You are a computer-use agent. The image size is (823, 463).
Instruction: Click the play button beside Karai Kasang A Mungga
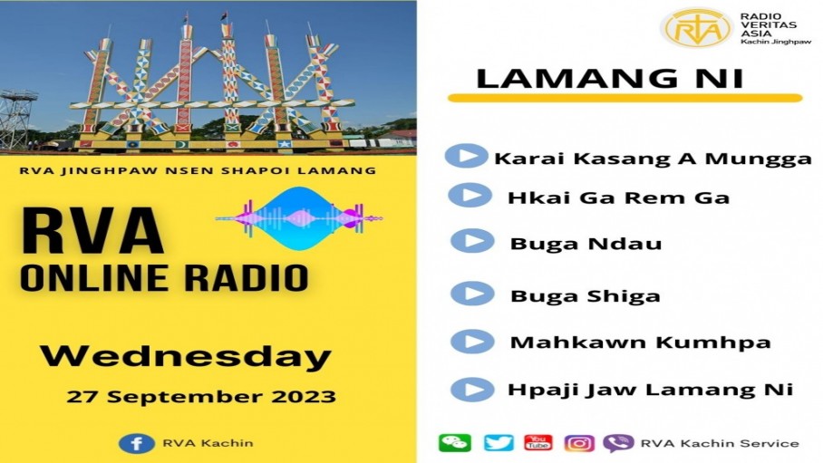pyautogui.click(x=466, y=156)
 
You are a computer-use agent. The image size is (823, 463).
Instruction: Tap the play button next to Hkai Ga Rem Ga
pyautogui.click(x=470, y=196)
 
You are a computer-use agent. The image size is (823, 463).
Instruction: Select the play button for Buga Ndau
pyautogui.click(x=472, y=241)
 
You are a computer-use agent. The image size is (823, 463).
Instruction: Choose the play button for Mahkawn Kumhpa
pyautogui.click(x=472, y=342)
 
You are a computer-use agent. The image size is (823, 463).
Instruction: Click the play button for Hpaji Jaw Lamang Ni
pyautogui.click(x=472, y=389)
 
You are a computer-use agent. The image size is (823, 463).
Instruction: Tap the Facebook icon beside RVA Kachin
pyautogui.click(x=137, y=444)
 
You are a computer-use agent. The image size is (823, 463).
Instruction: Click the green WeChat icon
pyautogui.click(x=454, y=442)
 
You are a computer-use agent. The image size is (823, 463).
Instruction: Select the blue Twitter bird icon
pyautogui.click(x=499, y=442)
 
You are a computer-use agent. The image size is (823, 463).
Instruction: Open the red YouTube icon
pyautogui.click(x=538, y=442)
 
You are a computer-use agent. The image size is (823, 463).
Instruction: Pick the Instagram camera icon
pyautogui.click(x=579, y=443)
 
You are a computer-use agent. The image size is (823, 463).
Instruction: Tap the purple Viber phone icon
pyautogui.click(x=618, y=443)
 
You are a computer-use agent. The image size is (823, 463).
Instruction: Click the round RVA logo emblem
pyautogui.click(x=696, y=28)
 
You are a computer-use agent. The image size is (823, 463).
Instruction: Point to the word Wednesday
pyautogui.click(x=186, y=357)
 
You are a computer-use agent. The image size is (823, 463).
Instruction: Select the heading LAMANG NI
pyautogui.click(x=609, y=78)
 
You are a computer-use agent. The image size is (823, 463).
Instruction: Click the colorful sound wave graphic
pyautogui.click(x=299, y=217)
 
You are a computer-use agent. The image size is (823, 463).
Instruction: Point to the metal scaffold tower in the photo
pyautogui.click(x=17, y=120)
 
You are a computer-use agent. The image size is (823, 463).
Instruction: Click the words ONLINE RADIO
pyautogui.click(x=164, y=277)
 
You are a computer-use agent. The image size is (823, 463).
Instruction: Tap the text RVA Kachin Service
pyautogui.click(x=720, y=444)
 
